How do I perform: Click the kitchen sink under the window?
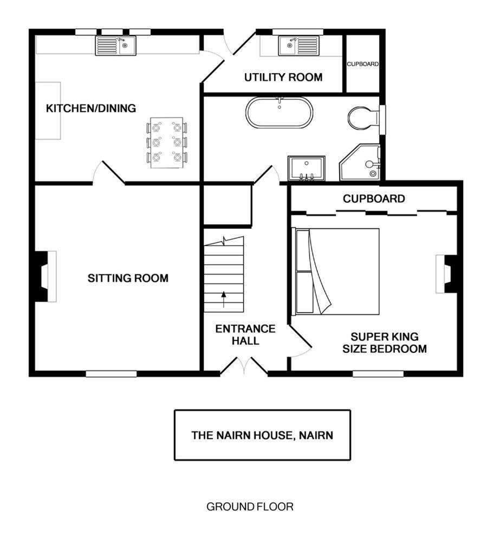116,46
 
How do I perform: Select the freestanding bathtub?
279,113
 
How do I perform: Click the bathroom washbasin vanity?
307,169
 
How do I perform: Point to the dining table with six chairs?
166,143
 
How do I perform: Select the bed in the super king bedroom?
335,272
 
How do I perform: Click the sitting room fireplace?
46,276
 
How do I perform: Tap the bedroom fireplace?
446,274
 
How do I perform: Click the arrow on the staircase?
224,299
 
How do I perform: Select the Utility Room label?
283,77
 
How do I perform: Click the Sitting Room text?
128,278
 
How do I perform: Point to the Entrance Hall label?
245,334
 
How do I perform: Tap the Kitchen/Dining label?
91,108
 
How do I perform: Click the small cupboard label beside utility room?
362,64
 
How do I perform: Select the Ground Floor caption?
250,507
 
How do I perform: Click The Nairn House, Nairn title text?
262,435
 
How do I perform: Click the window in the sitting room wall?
111,373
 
